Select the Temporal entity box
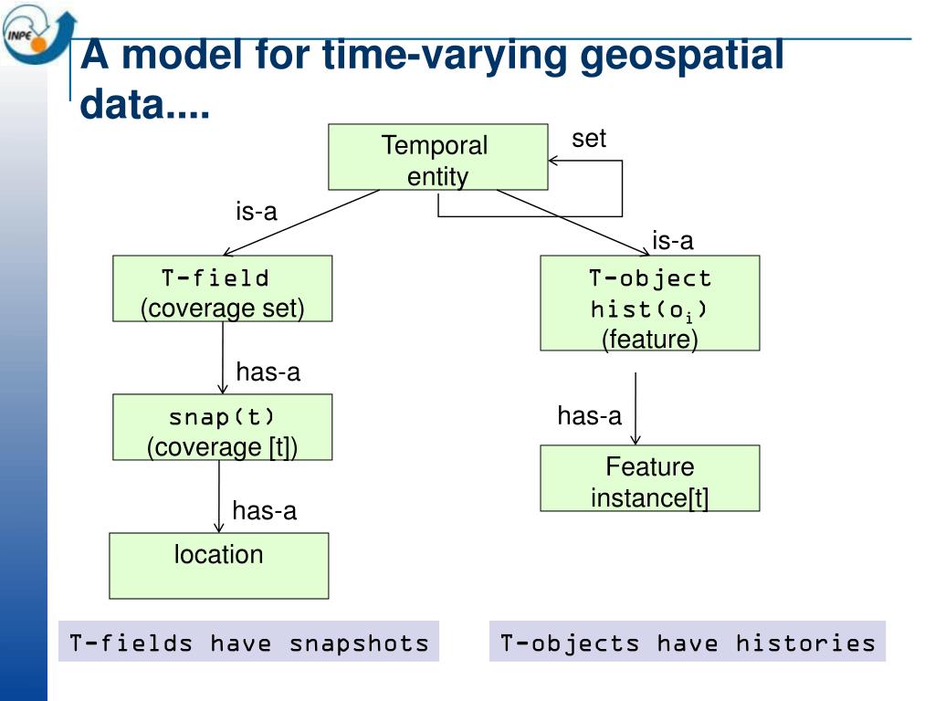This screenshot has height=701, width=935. point(437,157)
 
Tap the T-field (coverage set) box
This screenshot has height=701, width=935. point(223,288)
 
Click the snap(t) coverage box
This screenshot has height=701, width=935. point(223,427)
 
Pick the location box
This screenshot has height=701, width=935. point(219,566)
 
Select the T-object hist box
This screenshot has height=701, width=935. point(650,303)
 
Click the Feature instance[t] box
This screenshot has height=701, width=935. point(650,478)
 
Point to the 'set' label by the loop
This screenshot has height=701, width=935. point(589,139)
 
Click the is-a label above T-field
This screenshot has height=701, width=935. point(257,211)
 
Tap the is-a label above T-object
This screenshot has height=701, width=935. point(673,241)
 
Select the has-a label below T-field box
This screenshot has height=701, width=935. point(268,372)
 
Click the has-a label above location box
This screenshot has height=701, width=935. point(264,511)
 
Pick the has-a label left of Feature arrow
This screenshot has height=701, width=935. point(589,415)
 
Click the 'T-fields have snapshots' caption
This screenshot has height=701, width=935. point(248,642)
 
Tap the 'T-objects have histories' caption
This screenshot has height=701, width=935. point(688,642)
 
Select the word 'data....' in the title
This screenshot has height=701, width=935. point(144,104)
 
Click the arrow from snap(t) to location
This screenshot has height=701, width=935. point(219,496)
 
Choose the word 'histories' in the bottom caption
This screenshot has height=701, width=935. point(805,643)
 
